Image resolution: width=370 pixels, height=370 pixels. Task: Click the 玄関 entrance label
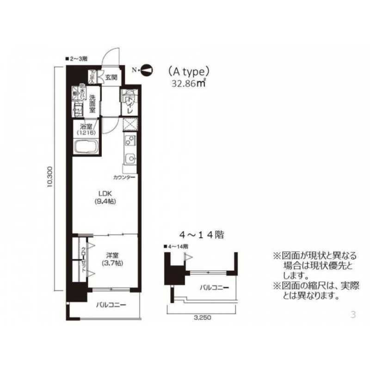pyautogui.click(x=111, y=77)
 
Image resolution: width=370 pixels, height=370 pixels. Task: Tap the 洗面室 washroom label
pyautogui.click(x=92, y=104)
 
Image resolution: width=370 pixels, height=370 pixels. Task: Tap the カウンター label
pyautogui.click(x=123, y=177)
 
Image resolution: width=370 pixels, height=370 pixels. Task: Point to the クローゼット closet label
pyautogui.click(x=84, y=260)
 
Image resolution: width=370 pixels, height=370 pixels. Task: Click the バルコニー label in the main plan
pyautogui.click(x=111, y=305)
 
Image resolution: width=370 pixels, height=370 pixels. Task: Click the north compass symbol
pyautogui.click(x=146, y=70)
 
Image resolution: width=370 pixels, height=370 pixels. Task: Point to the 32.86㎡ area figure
pyautogui.click(x=188, y=84)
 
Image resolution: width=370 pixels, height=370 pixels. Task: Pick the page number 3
pyautogui.click(x=353, y=315)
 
